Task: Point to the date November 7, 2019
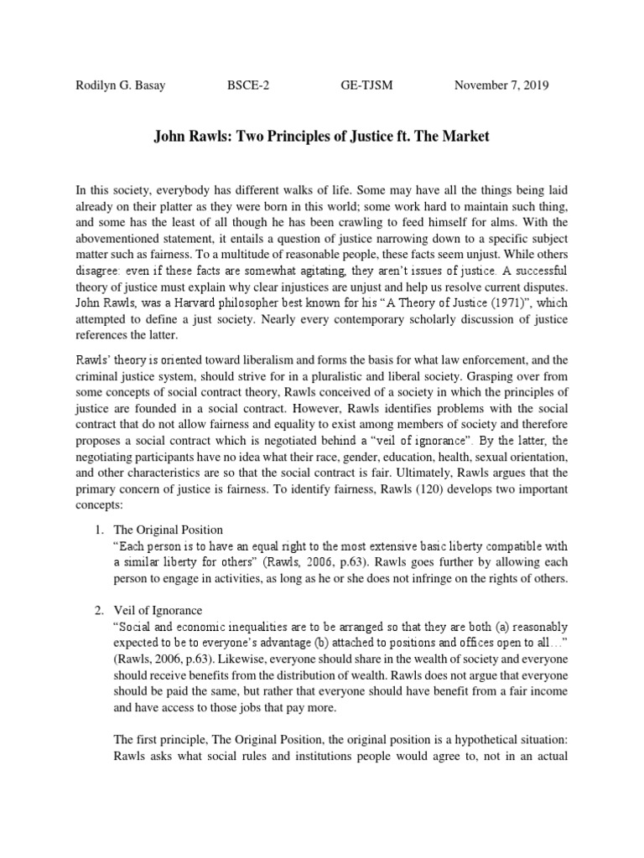point(501,85)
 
